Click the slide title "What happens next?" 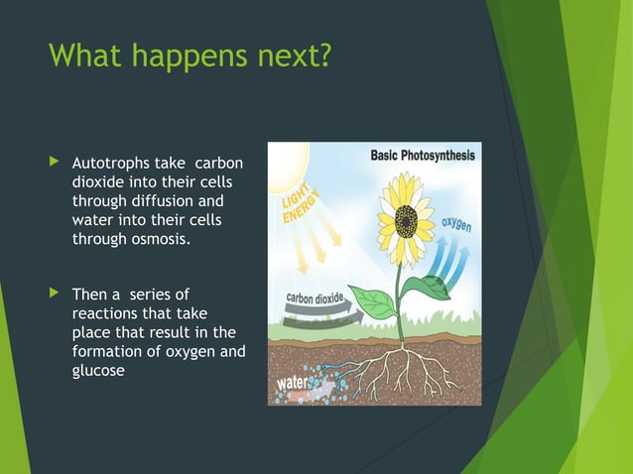[x=189, y=56]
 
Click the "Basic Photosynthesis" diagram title [x=422, y=156]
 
